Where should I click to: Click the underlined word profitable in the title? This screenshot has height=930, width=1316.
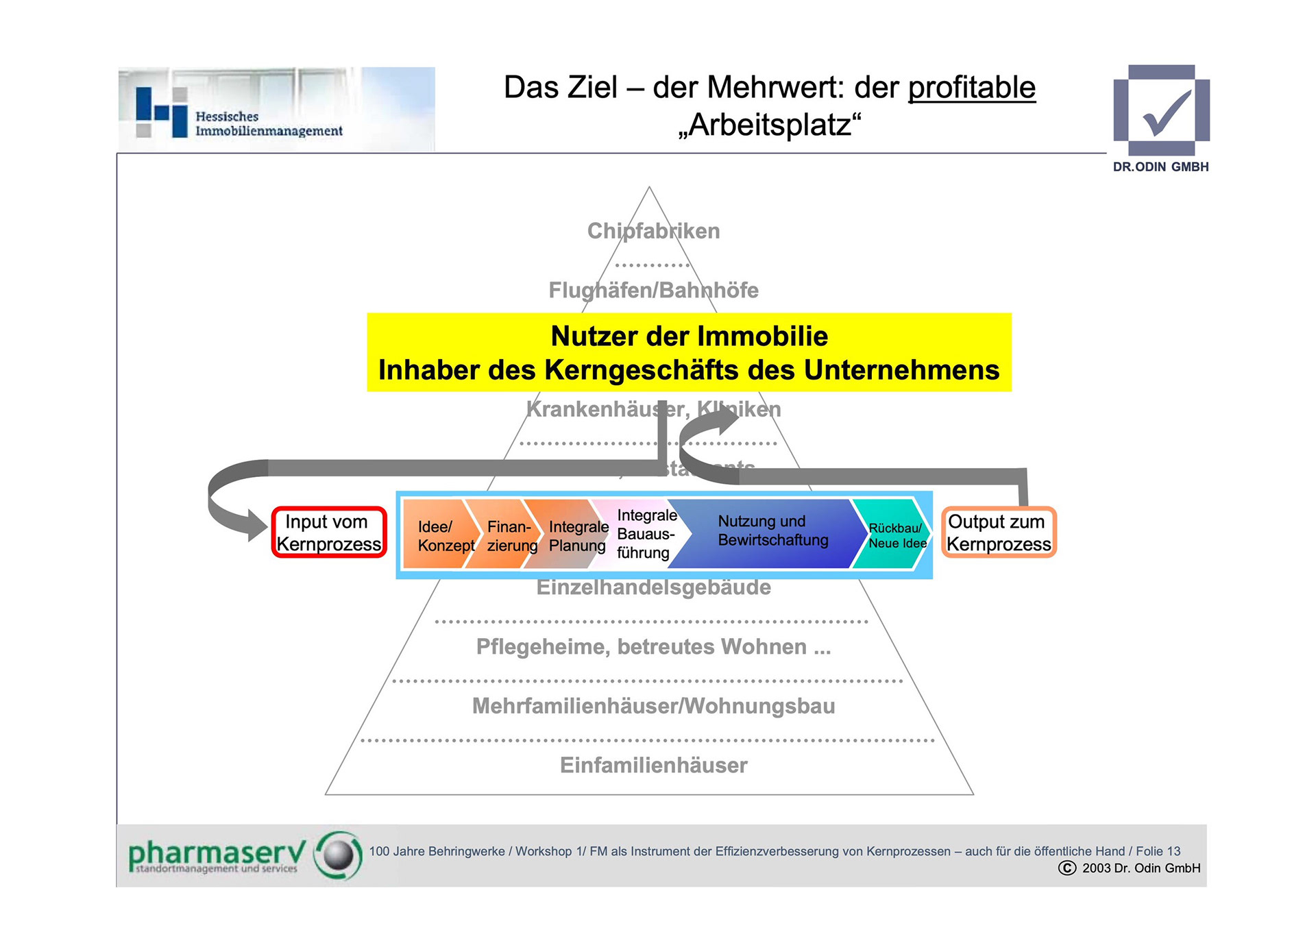coord(971,88)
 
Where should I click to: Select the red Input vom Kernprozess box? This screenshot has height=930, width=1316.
coord(329,533)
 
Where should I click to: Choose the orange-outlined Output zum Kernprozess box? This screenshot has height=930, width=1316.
coord(998,533)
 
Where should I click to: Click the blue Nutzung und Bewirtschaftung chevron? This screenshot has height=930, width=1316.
coord(772,531)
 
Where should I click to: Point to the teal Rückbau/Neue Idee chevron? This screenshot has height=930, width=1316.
coord(894,535)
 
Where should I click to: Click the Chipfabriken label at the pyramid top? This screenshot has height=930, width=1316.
coord(653,231)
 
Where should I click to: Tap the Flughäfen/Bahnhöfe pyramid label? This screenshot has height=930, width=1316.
coord(653,291)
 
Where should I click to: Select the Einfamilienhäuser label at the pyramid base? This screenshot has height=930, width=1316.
coord(653,765)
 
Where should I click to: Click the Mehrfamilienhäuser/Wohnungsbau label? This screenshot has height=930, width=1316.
coord(653,706)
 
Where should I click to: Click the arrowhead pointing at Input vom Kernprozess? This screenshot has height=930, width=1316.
coord(255,526)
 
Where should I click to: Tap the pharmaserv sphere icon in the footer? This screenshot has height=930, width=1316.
coord(338,855)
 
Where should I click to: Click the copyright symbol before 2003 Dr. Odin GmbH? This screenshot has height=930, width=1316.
coord(1067,868)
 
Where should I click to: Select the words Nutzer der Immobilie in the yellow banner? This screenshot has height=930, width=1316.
coord(689,336)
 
